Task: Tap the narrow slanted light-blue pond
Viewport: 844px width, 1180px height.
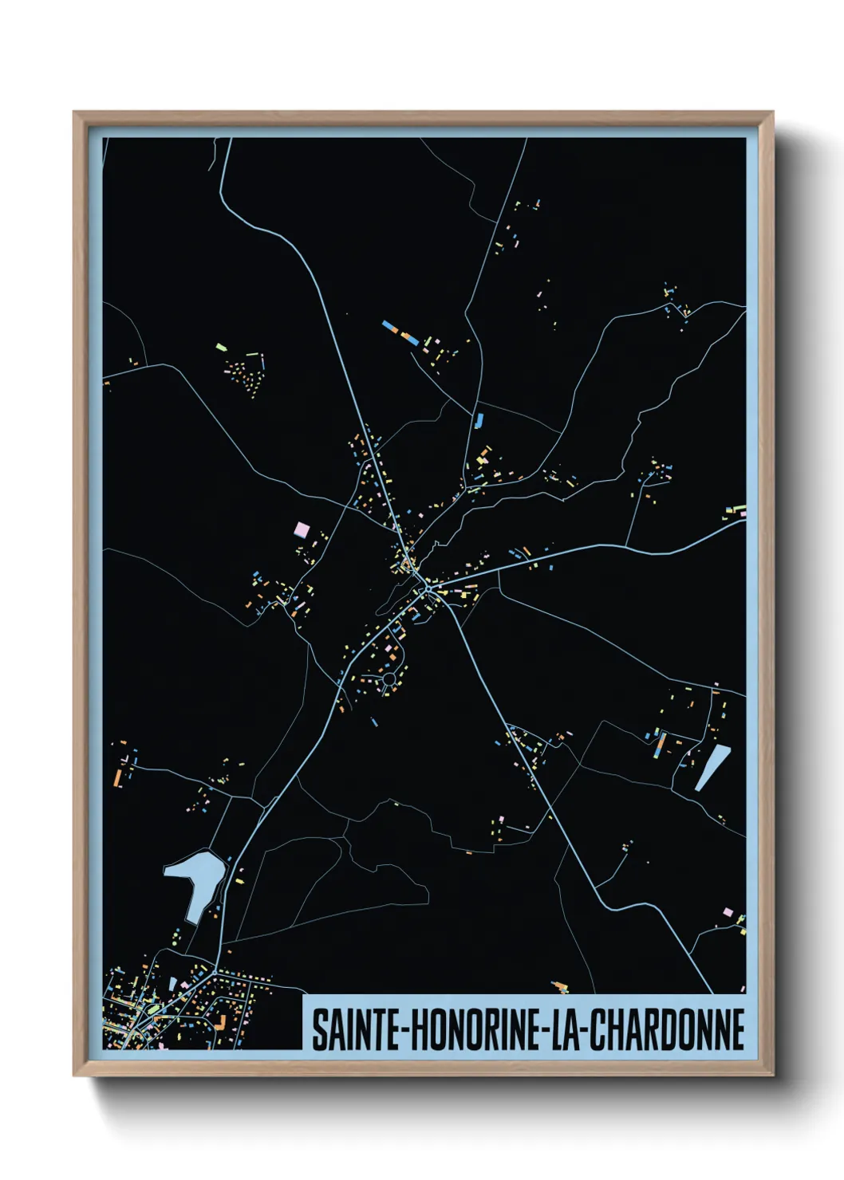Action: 712,767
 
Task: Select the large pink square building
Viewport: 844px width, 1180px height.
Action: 302,529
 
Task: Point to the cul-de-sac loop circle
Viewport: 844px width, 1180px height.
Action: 389,679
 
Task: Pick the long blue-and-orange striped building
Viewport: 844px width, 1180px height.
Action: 400,332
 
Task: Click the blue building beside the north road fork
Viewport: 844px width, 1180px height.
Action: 479,420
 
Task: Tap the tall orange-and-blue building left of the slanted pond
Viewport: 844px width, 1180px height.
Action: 660,745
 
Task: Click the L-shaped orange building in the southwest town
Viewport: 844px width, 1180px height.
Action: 221,1022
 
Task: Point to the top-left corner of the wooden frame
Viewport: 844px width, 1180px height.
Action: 75,113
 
